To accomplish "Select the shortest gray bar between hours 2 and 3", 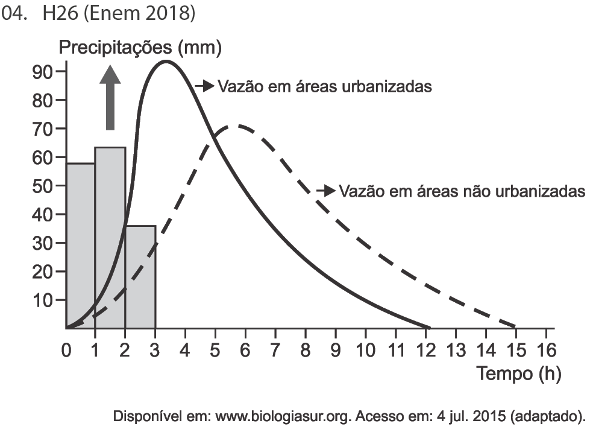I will coord(141,278).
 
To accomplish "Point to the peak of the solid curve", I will coord(165,61).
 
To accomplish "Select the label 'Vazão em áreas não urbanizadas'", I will coord(462,191).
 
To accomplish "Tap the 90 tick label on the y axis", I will coord(43,71).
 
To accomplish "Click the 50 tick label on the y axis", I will coord(43,186).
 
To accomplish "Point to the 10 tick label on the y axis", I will coord(43,300).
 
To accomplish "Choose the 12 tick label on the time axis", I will coord(425,351).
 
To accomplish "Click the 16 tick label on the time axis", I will coord(545,351).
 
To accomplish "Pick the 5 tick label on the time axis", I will coord(216,351).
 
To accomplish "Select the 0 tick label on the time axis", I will coord(66,351).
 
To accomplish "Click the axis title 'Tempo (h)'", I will coord(519,374).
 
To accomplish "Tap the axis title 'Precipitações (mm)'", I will coord(140,48).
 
